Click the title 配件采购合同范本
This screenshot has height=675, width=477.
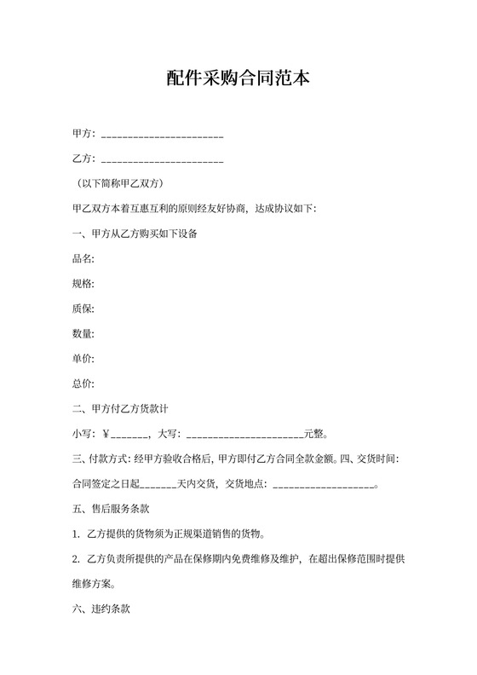(x=238, y=79)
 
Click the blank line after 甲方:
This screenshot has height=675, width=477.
(x=162, y=136)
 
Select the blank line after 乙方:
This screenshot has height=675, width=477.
(x=162, y=160)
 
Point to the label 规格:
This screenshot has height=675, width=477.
(x=83, y=284)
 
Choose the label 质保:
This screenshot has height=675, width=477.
(x=83, y=309)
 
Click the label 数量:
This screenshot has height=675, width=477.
(x=83, y=334)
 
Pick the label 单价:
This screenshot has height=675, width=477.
(x=83, y=359)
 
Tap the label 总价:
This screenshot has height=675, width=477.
(x=83, y=384)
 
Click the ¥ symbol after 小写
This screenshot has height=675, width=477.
(x=106, y=434)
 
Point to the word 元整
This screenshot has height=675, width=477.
(x=313, y=434)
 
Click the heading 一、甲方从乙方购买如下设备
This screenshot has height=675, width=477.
(x=135, y=234)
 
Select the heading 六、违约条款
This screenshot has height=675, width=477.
(x=100, y=610)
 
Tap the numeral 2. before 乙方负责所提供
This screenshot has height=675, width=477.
(x=77, y=560)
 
